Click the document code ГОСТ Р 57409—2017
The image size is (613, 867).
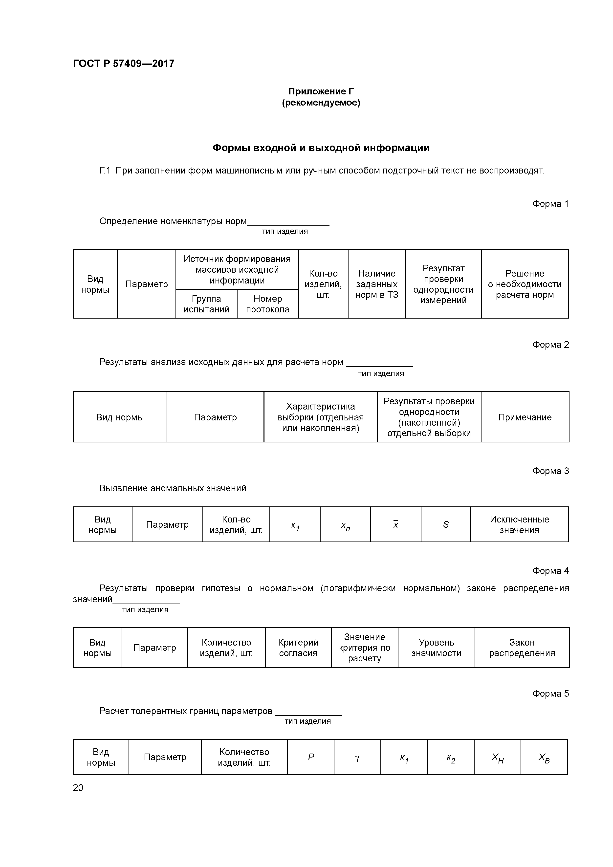tap(124, 64)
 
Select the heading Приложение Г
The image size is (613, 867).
tap(321, 91)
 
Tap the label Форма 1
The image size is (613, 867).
tap(550, 204)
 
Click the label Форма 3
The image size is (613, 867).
tap(550, 471)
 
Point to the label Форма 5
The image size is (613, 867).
tap(550, 694)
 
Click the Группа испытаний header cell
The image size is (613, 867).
tap(206, 304)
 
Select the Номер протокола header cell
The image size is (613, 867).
tap(267, 304)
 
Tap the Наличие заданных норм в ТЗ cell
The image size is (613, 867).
tap(376, 284)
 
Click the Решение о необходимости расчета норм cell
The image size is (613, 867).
tap(525, 284)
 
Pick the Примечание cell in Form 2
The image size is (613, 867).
tap(525, 417)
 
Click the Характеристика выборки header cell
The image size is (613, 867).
tap(320, 417)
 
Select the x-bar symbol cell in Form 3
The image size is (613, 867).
tap(395, 524)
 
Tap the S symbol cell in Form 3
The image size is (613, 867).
tap(446, 524)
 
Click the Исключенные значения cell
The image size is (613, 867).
tap(519, 524)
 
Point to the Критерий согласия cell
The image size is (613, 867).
tap(298, 648)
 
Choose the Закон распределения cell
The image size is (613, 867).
tap(522, 648)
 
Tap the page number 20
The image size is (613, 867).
tap(78, 788)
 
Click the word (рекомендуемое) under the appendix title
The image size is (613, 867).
tap(321, 103)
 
